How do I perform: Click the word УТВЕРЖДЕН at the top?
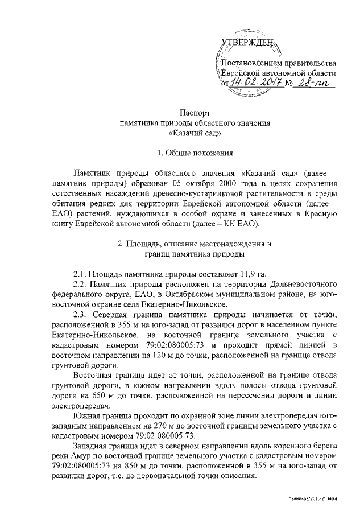pyautogui.click(x=248, y=42)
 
